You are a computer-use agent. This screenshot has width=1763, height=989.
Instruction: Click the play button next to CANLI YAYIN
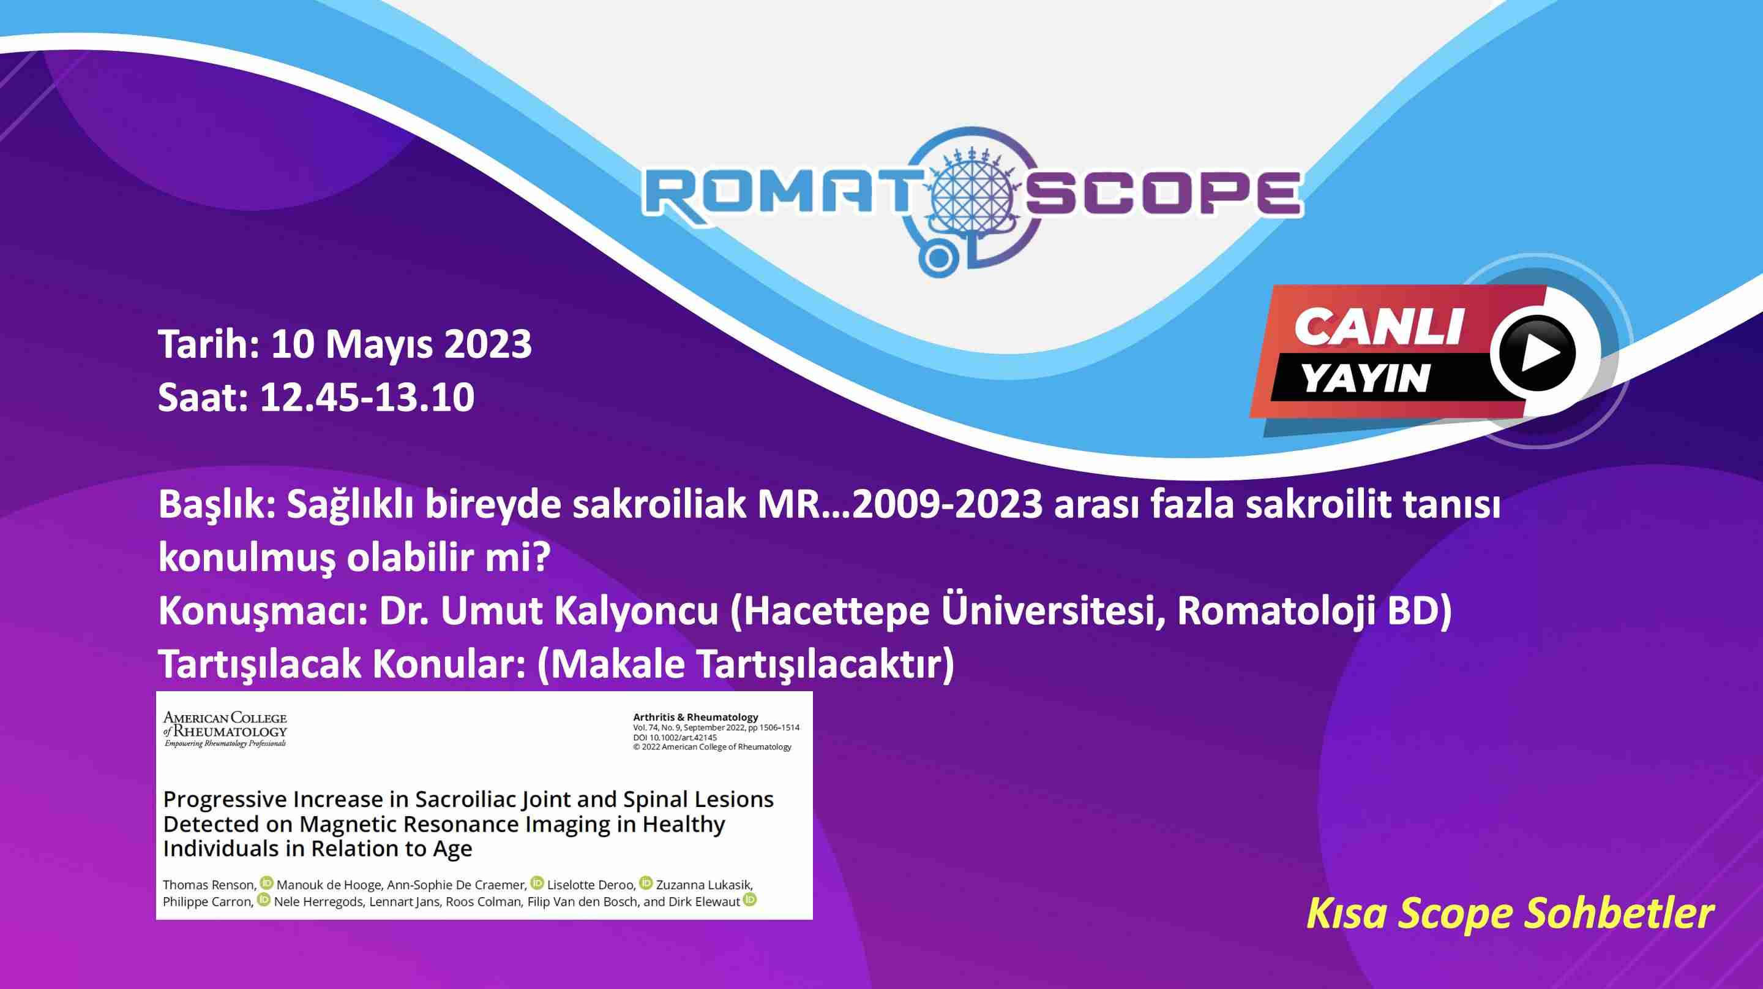tap(1537, 354)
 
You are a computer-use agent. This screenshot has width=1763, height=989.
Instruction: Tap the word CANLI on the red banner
tap(1379, 327)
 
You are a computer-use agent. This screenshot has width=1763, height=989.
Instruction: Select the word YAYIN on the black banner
tap(1365, 377)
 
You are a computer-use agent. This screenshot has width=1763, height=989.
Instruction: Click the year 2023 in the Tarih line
tap(488, 344)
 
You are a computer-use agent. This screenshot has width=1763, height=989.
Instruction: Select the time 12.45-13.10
tap(367, 397)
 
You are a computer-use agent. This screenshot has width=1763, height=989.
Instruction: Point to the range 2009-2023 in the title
tap(946, 505)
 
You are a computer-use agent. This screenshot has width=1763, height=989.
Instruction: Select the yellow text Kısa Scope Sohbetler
tap(1510, 914)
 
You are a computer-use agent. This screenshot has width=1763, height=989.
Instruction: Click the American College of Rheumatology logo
tap(225, 729)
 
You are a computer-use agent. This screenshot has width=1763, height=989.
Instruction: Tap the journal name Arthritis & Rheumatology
tap(695, 717)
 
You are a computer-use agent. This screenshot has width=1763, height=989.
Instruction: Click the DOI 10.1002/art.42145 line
tap(675, 738)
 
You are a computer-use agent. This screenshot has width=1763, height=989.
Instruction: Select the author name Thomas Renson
tap(209, 885)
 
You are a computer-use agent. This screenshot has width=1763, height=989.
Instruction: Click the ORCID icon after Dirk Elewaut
tap(750, 900)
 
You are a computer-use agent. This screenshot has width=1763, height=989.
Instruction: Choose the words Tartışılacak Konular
tap(342, 664)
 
